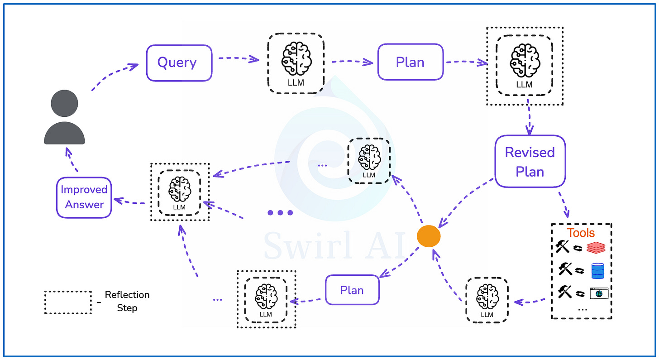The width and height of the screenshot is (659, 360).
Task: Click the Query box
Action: (179, 62)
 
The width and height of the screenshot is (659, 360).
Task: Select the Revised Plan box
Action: (530, 161)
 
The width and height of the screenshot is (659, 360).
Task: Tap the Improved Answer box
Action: (84, 197)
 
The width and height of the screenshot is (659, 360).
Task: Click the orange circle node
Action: (428, 236)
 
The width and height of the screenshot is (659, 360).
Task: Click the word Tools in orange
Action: (581, 233)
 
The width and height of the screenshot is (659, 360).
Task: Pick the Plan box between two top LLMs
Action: (410, 62)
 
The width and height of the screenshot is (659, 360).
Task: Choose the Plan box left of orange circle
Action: (352, 290)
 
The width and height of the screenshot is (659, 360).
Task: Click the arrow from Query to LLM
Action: (239, 59)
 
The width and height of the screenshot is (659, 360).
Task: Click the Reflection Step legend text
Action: (127, 301)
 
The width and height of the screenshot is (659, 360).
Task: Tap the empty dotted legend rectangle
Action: (68, 302)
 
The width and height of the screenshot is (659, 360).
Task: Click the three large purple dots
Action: (280, 213)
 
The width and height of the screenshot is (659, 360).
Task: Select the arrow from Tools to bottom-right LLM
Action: (530, 301)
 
